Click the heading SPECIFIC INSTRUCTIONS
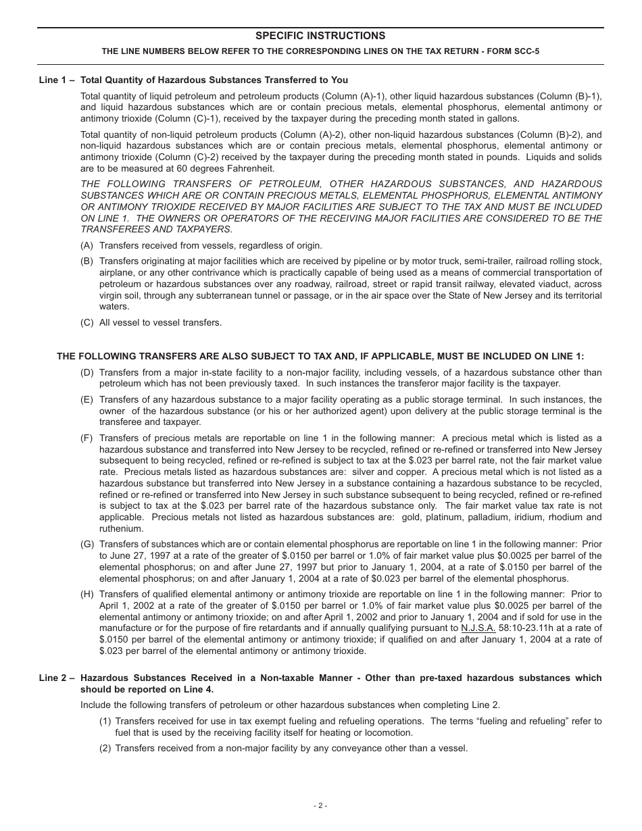pyautogui.click(x=320, y=36)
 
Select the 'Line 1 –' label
pyautogui.click(x=57, y=80)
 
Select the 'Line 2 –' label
pyautogui.click(x=57, y=678)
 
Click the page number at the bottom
pyautogui.click(x=320, y=805)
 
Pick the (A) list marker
pyautogui.click(x=87, y=245)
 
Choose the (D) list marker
pyautogui.click(x=87, y=372)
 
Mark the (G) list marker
pyautogui.click(x=87, y=544)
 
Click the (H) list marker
pyautogui.click(x=87, y=594)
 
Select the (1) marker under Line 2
pyautogui.click(x=105, y=721)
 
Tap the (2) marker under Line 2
pyautogui.click(x=105, y=748)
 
